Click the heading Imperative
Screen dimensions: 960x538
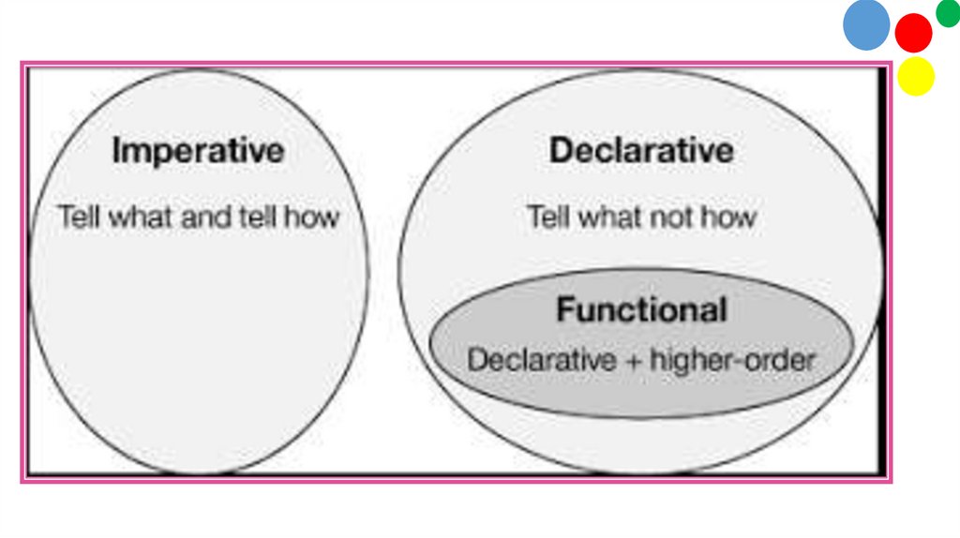(x=197, y=151)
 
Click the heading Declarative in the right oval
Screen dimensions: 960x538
(x=641, y=151)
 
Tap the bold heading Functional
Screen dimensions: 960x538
(x=641, y=310)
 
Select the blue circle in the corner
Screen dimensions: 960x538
(x=865, y=25)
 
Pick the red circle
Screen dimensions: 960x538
(x=913, y=33)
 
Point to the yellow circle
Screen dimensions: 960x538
(x=916, y=77)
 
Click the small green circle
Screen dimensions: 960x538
(x=948, y=13)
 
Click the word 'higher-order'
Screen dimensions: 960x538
(x=732, y=359)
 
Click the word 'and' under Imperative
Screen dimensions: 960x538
(x=201, y=217)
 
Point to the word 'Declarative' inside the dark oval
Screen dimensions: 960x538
(x=541, y=359)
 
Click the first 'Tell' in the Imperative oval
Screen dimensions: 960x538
(x=79, y=217)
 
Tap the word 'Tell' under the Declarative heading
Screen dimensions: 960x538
(x=548, y=218)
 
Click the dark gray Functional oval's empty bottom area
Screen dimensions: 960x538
(x=641, y=394)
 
